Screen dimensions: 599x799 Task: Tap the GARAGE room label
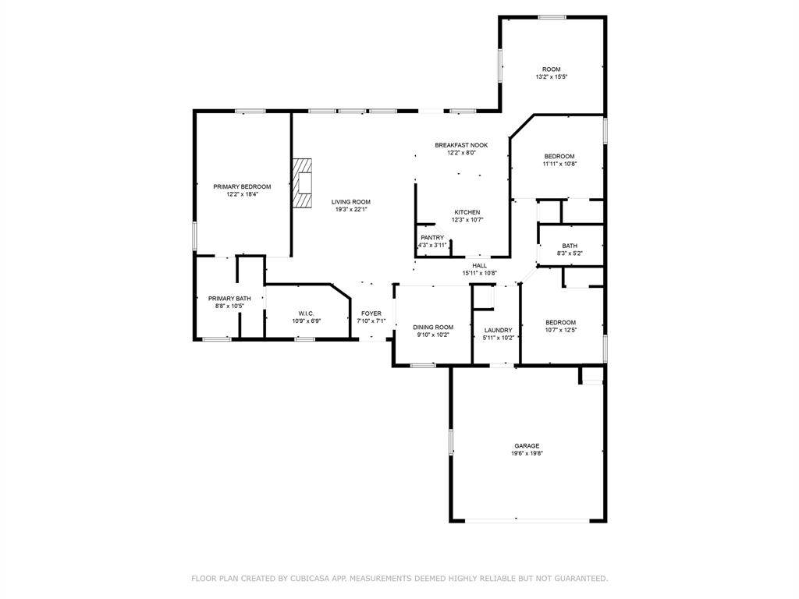[526, 446]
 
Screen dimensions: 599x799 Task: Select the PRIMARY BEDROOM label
[242, 186]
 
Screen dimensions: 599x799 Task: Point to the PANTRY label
[432, 238]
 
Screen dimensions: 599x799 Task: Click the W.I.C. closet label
[306, 313]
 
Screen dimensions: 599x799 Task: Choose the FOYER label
[371, 313]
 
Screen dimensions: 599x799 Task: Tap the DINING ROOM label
[433, 327]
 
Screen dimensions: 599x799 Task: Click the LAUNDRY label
[497, 330]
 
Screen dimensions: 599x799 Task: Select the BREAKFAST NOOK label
[461, 146]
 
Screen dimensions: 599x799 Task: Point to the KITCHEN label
[467, 212]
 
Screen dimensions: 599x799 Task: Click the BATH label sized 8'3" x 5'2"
[570, 246]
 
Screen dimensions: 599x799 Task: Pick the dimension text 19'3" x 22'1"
[350, 209]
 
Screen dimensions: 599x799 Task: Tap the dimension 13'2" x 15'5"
[551, 77]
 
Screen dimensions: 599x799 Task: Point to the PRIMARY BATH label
[229, 298]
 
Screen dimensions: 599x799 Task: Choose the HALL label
[479, 265]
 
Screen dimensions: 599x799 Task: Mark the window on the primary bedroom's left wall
[194, 236]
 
